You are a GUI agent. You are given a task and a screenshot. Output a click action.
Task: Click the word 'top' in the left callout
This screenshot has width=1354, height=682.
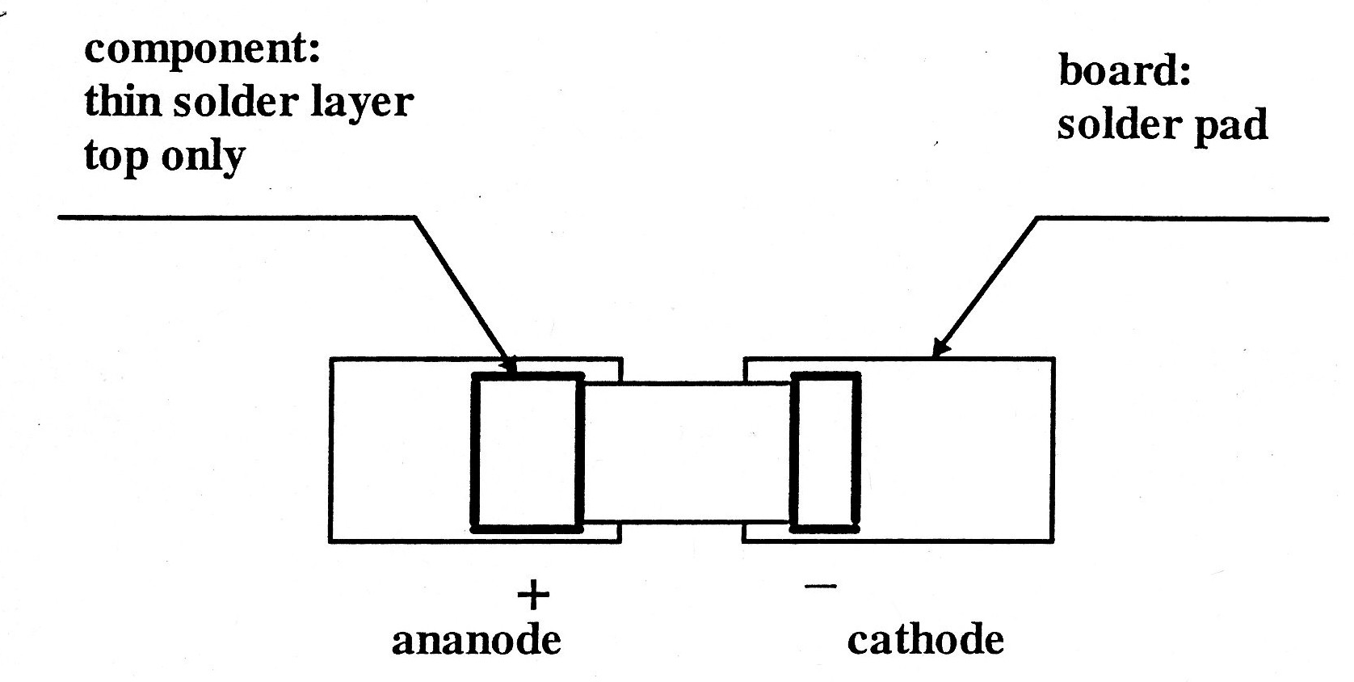(x=115, y=156)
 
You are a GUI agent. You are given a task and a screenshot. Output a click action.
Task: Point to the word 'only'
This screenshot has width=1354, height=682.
(x=202, y=156)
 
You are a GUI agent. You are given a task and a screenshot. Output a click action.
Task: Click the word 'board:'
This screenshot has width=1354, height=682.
(x=1125, y=71)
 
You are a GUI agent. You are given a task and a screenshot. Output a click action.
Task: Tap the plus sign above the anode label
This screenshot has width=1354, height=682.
(x=532, y=596)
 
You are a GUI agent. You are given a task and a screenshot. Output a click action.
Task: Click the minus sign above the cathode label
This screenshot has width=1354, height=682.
(x=821, y=586)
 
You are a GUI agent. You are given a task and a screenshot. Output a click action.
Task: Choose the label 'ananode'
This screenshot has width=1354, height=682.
(x=476, y=641)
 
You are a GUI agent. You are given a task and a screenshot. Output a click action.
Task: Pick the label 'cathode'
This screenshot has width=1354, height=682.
(x=925, y=641)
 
